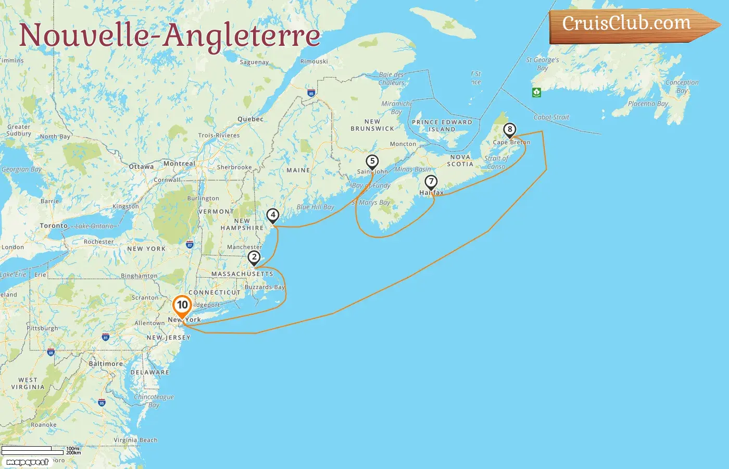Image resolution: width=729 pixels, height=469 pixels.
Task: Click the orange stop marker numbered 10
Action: point(182,305)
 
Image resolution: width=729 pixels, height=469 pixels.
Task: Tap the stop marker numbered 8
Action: point(509,130)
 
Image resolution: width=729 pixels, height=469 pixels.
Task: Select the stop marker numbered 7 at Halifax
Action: point(431,182)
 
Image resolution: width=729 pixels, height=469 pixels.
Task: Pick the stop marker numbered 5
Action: point(372,162)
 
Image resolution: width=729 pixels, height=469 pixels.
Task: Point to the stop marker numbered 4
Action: point(272,215)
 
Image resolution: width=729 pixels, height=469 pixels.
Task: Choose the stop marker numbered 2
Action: point(254,257)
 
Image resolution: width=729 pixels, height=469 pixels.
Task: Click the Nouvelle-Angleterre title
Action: point(170,35)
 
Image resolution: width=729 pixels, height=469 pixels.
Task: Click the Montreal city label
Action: point(179,164)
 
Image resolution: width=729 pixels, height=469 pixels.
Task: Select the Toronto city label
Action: point(54,226)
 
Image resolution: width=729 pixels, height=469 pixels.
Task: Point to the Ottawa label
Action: point(141,167)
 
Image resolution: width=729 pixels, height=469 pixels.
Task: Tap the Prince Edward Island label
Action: point(442,126)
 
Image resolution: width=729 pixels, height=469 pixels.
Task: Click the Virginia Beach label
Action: point(135,440)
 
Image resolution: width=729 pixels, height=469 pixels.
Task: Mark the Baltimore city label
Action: point(106,364)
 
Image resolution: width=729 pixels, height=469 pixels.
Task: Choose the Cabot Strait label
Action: point(551,117)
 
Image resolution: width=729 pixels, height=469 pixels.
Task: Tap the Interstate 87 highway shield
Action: point(190,244)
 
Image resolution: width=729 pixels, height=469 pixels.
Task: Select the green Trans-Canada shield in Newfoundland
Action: point(536,92)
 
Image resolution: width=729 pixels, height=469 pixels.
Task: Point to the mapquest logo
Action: point(27,462)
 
